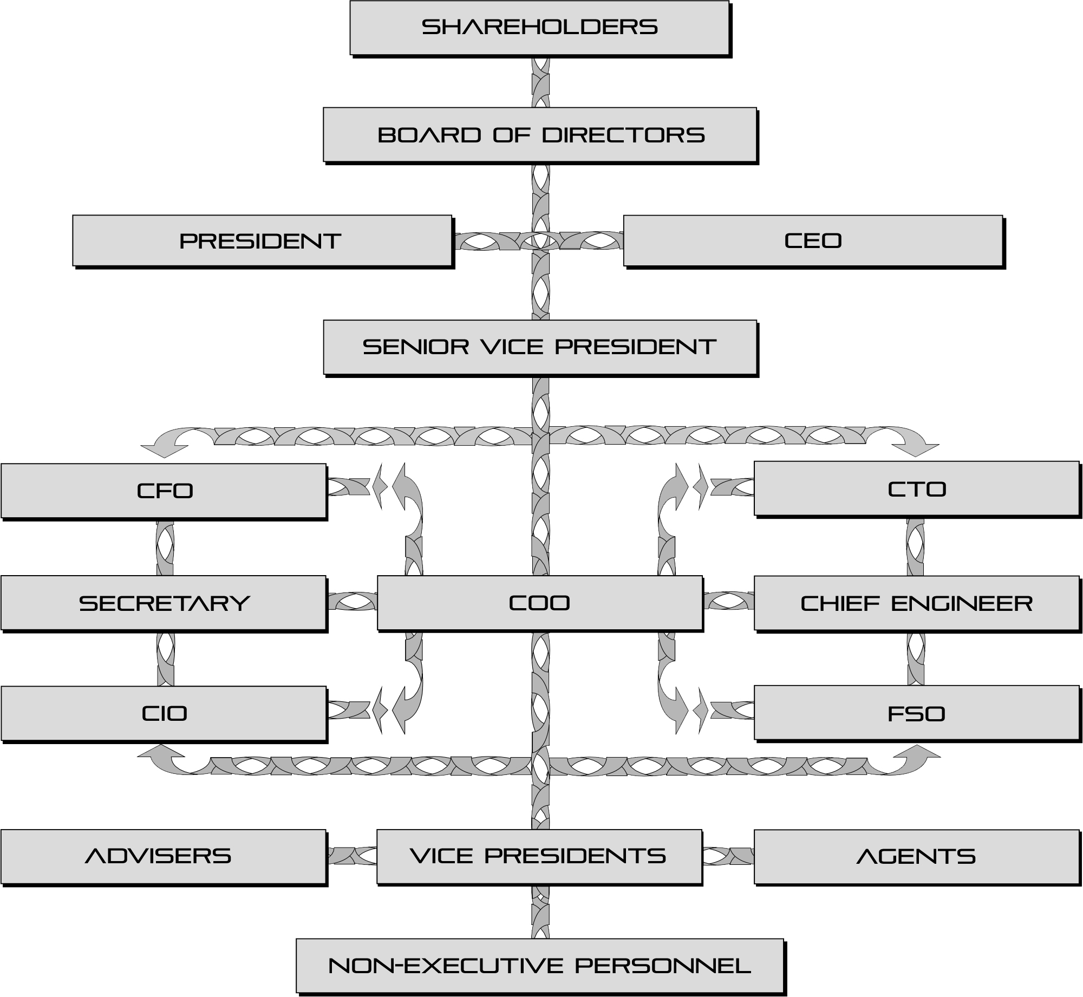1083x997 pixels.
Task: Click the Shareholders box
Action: (x=539, y=28)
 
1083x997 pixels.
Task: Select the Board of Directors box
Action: (x=540, y=134)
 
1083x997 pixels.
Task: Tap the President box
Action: (x=262, y=240)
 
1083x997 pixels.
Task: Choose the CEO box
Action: (x=813, y=240)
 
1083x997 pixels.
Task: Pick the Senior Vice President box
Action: (x=540, y=347)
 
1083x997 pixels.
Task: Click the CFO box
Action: (x=164, y=491)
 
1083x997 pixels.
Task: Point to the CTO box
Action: (x=916, y=488)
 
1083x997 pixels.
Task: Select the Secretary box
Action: (x=164, y=603)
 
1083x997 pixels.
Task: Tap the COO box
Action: (x=540, y=603)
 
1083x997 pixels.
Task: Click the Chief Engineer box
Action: (x=916, y=603)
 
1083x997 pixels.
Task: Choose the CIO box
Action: (x=164, y=713)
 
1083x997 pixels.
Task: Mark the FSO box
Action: (x=916, y=713)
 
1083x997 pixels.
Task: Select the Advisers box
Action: (x=164, y=856)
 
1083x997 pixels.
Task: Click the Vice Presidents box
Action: (x=539, y=856)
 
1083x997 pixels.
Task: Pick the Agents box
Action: (x=916, y=856)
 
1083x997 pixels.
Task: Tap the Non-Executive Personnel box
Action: (x=540, y=965)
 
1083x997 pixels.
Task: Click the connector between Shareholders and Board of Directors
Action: (x=540, y=81)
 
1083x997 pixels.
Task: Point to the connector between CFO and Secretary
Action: (x=165, y=548)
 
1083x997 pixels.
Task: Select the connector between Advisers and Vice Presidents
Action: (x=352, y=856)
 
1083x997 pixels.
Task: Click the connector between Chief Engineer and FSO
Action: (x=916, y=658)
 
